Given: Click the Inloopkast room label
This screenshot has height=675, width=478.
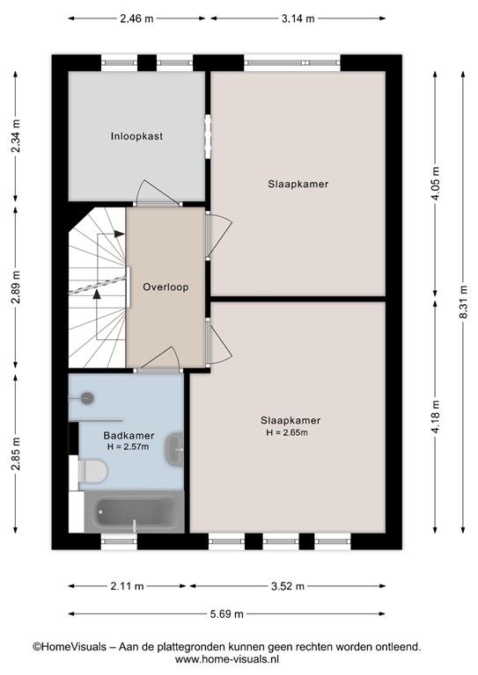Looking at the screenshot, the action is coord(136,136).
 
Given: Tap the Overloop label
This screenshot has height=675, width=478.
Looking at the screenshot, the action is coord(165,287).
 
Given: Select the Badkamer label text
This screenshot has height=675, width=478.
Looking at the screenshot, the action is coord(129,436).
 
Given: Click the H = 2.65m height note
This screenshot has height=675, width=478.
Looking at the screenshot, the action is coord(287,432).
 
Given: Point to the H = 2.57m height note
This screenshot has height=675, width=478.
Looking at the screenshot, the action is coord(128,446).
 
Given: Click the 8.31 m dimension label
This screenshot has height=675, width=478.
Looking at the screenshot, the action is coord(463,301).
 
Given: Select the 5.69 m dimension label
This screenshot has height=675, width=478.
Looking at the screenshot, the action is coord(227,613).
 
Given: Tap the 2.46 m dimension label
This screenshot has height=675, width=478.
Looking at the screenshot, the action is coord(136,18).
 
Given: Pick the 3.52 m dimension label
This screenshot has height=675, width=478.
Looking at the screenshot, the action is coord(288,586).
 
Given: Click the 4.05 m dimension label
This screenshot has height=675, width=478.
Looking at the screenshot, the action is coord(436,183).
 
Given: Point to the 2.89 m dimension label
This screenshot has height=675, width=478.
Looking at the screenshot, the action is coord(16,287).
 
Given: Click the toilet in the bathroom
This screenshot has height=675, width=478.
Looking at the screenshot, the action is coord(92,471).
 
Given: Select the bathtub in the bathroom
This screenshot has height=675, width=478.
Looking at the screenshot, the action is coord(135,512).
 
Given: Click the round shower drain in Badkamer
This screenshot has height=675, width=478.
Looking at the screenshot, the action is coord(88,398).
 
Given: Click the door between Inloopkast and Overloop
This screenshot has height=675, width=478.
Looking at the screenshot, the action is coord(158,193).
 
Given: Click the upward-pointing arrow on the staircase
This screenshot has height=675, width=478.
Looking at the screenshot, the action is coord(97,294).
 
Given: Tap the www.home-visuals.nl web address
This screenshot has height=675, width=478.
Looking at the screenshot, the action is coord(227,659).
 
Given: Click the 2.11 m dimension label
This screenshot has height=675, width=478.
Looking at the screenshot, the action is coord(127,586).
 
